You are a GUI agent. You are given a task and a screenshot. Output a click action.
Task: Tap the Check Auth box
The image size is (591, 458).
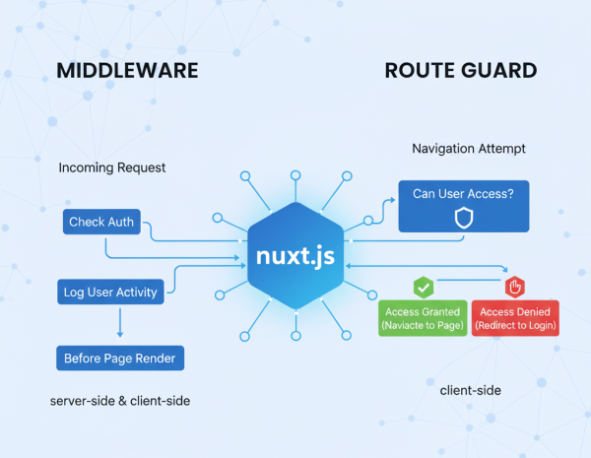101,222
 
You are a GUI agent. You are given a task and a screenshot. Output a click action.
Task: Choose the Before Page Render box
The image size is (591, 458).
120,358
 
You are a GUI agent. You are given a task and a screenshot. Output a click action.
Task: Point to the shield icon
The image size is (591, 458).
463,219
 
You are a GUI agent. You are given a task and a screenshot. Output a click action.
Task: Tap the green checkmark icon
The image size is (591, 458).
424,287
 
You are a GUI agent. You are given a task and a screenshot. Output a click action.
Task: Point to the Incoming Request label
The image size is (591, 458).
112,168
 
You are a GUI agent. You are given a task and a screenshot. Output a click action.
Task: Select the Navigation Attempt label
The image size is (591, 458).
468,149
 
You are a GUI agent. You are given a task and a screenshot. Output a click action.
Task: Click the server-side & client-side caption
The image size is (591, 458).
120,401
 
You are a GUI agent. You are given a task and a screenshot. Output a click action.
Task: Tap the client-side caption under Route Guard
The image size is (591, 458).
471,391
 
